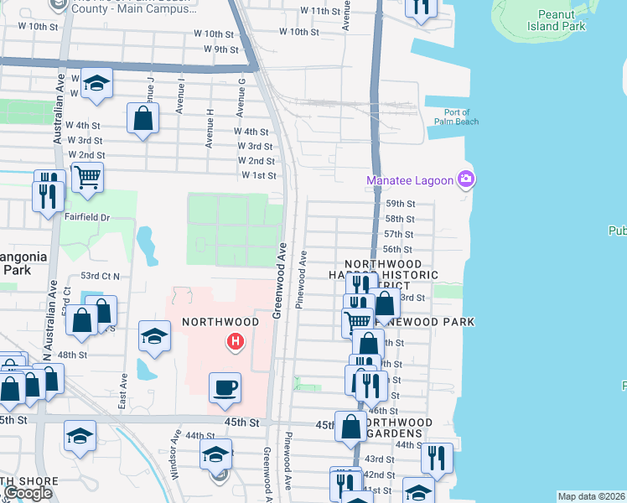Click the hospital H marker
point(236,341)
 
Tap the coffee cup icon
point(225,388)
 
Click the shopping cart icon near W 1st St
point(86,177)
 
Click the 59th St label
point(400,204)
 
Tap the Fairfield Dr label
point(87,217)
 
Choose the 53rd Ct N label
point(100,275)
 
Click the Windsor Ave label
point(175,454)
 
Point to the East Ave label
point(122,392)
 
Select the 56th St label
point(397,249)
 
